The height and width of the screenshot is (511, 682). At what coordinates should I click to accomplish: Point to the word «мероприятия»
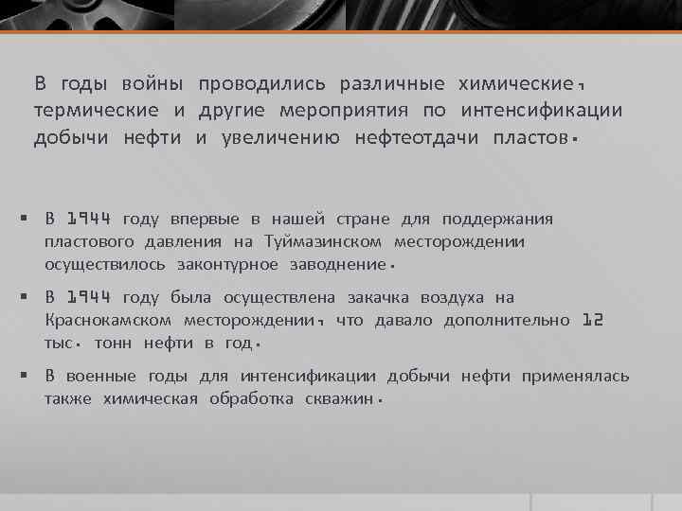pos(360,112)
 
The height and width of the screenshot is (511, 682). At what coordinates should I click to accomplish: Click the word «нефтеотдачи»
pos(418,139)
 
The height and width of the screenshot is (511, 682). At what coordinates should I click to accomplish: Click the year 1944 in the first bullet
pos(89,220)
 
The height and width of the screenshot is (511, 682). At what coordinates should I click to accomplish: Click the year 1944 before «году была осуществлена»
pos(89,299)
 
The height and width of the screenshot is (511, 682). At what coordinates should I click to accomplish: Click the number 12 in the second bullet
pos(592,321)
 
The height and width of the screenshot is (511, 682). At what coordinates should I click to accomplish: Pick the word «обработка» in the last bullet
pos(252,398)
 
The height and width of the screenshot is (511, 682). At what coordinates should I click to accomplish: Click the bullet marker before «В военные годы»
pos(23,377)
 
